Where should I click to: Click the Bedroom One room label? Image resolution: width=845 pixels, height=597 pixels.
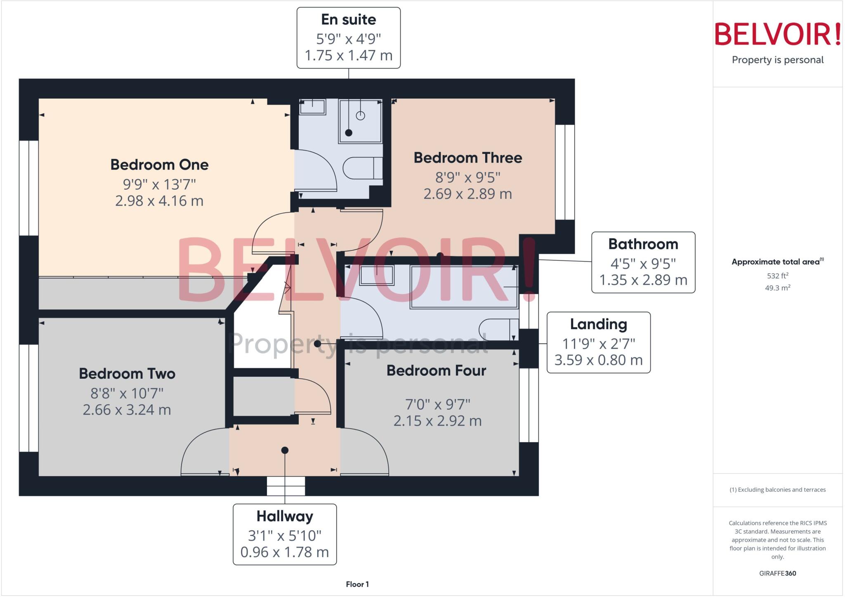pyautogui.click(x=159, y=165)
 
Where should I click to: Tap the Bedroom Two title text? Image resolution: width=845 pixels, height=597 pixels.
pyautogui.click(x=127, y=374)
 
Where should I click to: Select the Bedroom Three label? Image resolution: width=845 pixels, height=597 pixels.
pyautogui.click(x=468, y=158)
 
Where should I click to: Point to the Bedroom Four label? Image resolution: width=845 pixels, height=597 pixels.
pyautogui.click(x=436, y=370)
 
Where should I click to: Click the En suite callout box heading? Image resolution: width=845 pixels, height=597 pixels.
pyautogui.click(x=349, y=19)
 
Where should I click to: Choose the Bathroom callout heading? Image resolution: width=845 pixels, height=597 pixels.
pyautogui.click(x=643, y=244)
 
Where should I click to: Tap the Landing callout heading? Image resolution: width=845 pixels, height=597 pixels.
pyautogui.click(x=598, y=324)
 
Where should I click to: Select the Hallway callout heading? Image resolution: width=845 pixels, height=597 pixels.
pyautogui.click(x=285, y=516)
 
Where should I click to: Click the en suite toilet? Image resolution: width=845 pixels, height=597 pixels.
pyautogui.click(x=362, y=168)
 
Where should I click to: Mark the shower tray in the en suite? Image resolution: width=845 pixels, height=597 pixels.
pyautogui.click(x=360, y=121)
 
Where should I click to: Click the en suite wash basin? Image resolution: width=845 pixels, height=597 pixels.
pyautogui.click(x=312, y=107)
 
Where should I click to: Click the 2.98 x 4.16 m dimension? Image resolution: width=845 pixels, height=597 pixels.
pyautogui.click(x=159, y=201)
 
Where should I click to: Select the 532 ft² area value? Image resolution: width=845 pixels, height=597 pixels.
pyautogui.click(x=777, y=276)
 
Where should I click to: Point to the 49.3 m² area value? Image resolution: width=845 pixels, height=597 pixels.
pyautogui.click(x=777, y=288)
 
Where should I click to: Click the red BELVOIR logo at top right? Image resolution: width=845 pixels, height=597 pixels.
pyautogui.click(x=777, y=34)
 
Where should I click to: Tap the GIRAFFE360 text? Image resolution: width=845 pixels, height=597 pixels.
pyautogui.click(x=777, y=573)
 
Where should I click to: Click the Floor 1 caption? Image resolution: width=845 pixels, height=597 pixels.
pyautogui.click(x=357, y=584)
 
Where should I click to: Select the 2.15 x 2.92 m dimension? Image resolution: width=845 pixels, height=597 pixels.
pyautogui.click(x=437, y=421)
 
